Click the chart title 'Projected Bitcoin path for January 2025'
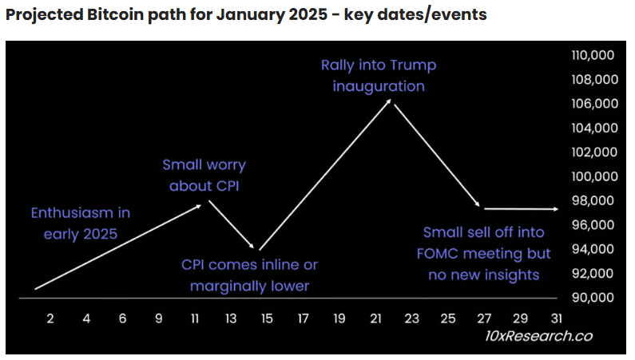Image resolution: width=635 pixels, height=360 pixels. tap(246, 15)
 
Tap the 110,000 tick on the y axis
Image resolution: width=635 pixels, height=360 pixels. tap(592, 55)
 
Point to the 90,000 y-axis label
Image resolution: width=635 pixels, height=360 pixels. tap(592, 298)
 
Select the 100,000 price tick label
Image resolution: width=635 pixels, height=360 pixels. tap(592, 176)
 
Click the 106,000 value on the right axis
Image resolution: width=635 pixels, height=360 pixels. tap(592, 104)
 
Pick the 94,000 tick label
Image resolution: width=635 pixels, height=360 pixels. tap(592, 249)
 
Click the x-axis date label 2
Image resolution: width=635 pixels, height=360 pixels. tap(50, 318)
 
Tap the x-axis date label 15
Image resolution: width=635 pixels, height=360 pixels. tap(267, 318)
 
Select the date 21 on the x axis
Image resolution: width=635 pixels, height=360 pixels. tap(375, 318)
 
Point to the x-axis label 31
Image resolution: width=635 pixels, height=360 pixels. tap(556, 318)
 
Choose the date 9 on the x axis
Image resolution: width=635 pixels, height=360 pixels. tap(159, 318)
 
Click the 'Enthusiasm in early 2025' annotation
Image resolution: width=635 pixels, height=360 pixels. tap(80, 224)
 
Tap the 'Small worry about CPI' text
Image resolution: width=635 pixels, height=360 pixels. tap(204, 176)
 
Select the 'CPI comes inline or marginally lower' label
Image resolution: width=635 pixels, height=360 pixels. tap(249, 275)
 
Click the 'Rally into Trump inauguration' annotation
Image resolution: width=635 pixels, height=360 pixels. tap(379, 75)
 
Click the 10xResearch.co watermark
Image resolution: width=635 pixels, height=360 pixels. tap(539, 336)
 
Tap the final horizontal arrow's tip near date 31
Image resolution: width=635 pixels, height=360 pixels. tap(558, 209)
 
